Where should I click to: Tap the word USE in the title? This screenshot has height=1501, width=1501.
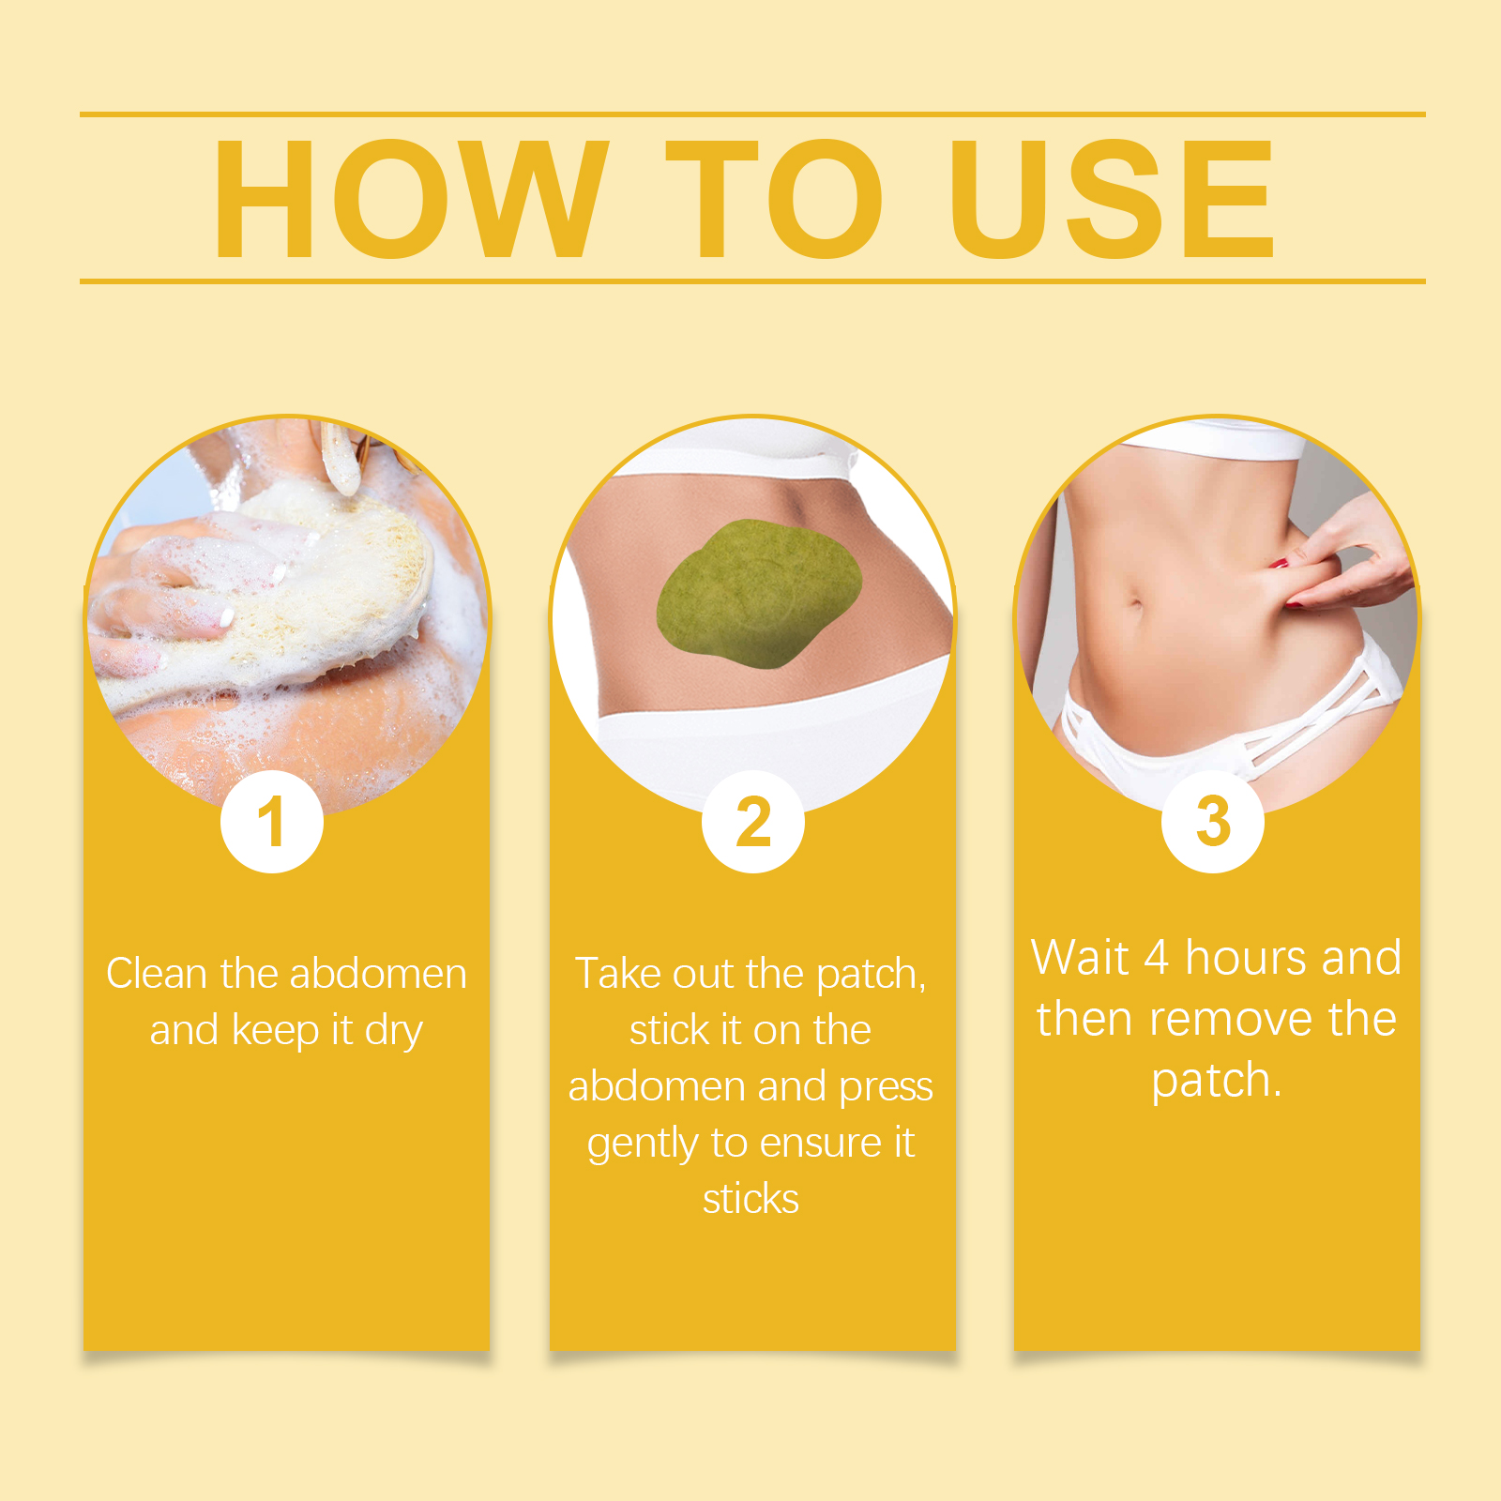click(1113, 198)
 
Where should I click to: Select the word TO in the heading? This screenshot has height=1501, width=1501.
click(775, 198)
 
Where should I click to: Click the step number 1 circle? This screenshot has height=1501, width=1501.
click(272, 822)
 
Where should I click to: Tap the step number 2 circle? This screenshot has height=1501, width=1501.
click(753, 822)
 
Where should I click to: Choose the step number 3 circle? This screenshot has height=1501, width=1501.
click(1213, 822)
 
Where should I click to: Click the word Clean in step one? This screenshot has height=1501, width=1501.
click(157, 974)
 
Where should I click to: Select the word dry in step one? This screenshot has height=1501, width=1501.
click(394, 1032)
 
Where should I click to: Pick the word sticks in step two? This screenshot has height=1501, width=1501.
click(750, 1199)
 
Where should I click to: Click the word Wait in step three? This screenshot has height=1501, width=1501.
click(1079, 958)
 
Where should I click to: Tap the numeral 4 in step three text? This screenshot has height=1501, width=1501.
click(1157, 958)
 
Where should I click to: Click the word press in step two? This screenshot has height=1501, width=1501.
click(886, 1088)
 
